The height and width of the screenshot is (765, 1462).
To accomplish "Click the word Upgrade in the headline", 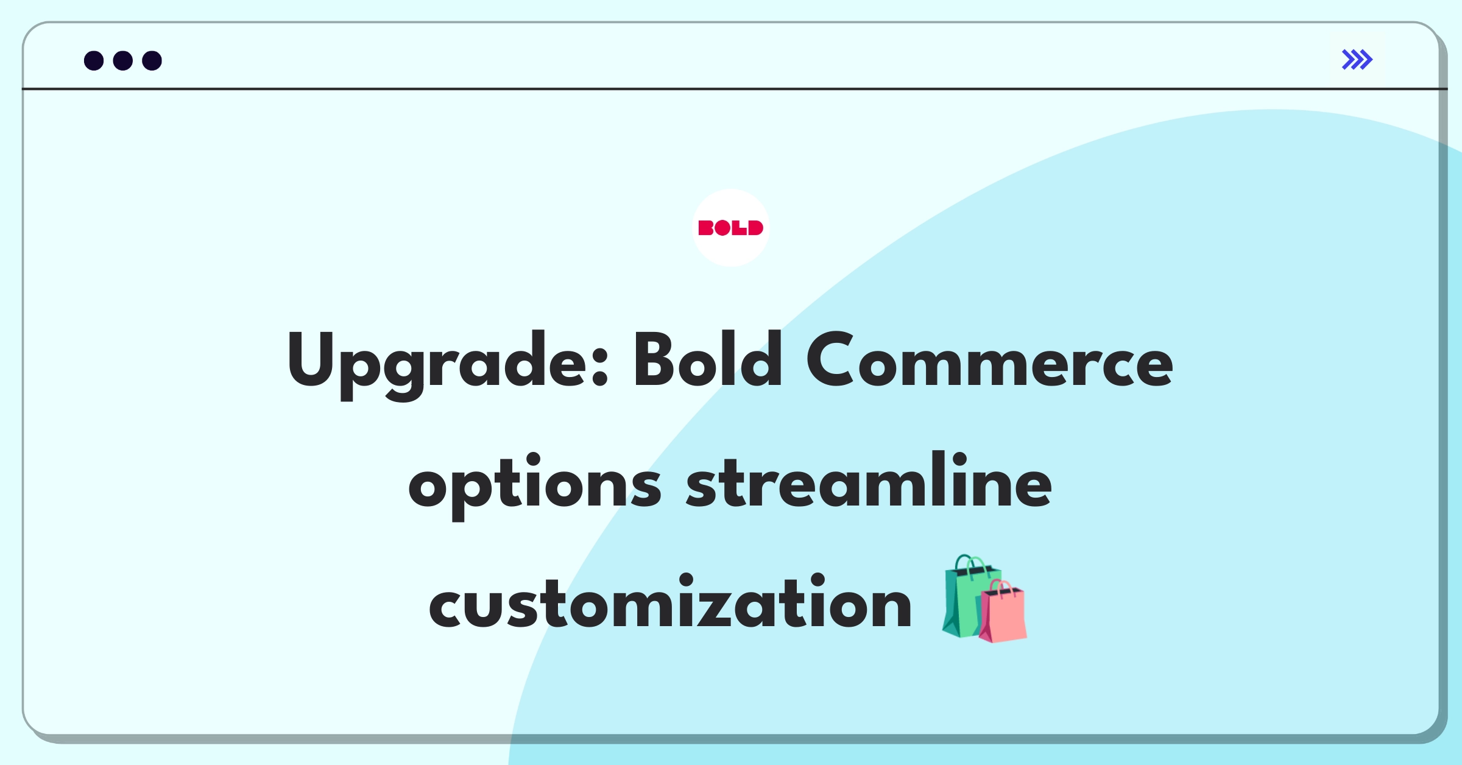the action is [448, 364].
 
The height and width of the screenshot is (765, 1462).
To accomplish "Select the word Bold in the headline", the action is [708, 359].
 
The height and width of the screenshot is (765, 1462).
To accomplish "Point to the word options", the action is [535, 485].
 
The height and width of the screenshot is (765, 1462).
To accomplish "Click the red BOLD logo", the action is [730, 228].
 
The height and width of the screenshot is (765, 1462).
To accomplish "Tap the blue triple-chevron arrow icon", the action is [1357, 60].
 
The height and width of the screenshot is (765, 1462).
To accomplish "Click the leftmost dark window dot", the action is [94, 60].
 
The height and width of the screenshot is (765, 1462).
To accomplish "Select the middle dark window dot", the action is [123, 60].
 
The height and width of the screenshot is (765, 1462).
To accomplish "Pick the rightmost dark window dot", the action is [152, 60].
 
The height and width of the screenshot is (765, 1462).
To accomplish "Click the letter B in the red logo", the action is [705, 228].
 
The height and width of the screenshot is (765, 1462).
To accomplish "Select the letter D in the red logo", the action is [755, 228].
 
